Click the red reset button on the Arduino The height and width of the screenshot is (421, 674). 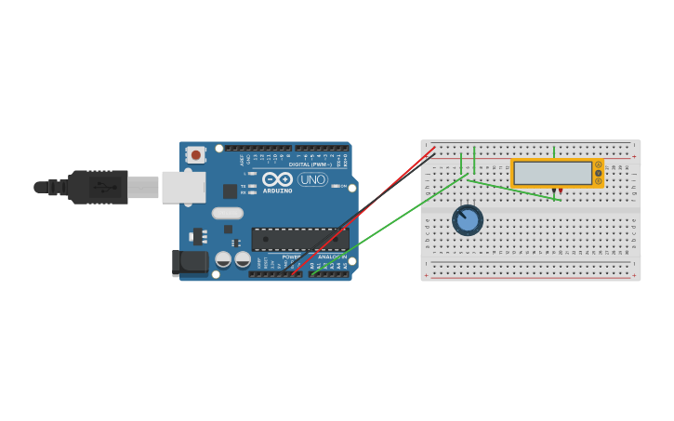[195, 155]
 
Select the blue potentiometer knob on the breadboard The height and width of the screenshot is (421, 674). [468, 220]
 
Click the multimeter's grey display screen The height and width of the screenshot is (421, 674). [553, 173]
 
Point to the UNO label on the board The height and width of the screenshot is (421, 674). [312, 179]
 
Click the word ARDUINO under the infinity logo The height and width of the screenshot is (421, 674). [277, 191]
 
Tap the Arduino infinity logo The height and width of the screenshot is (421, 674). [277, 178]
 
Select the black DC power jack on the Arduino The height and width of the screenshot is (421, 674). [191, 263]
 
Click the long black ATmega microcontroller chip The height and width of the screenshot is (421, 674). [299, 239]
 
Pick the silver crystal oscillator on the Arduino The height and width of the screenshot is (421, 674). [228, 213]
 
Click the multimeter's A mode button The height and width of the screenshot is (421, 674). [599, 164]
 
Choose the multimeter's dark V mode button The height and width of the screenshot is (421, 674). [599, 173]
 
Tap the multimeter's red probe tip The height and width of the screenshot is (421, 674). [561, 191]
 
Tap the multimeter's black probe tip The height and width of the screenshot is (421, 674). [553, 191]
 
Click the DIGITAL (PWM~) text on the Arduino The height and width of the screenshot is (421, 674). [310, 164]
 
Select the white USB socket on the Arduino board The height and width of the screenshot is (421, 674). [183, 187]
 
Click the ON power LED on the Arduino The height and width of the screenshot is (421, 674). [335, 186]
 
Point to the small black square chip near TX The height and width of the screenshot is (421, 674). [230, 191]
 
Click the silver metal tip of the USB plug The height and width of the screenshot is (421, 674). [143, 187]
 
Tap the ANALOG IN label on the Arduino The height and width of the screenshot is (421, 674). [331, 257]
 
